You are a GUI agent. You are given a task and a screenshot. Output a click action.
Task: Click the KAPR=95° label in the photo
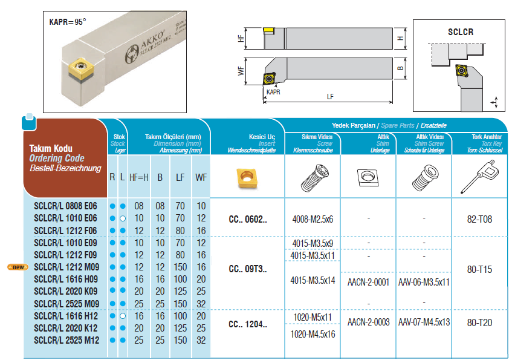pos(68,22)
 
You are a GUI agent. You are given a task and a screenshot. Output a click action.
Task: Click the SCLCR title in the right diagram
pos(461,32)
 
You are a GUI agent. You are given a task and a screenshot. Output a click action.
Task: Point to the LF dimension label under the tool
pos(330,97)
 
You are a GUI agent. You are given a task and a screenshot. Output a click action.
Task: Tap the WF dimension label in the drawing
pos(241,71)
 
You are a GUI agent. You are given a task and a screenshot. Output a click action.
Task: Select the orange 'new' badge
pos(18,267)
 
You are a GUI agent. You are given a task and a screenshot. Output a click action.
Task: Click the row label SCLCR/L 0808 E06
pos(65,206)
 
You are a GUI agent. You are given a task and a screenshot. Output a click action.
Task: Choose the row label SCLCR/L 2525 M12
pos(66,341)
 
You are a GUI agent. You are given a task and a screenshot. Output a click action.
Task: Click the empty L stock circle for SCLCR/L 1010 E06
pos(123,218)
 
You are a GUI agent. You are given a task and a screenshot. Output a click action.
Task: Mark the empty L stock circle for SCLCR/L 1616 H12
pos(123,316)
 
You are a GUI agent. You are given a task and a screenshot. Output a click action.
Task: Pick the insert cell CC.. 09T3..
pos(248,269)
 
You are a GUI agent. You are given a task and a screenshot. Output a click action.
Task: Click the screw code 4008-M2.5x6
pos(313,219)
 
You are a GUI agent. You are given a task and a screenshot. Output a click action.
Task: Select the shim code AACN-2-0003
pos(368,322)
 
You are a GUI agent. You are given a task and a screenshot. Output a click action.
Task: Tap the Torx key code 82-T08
pos(479,219)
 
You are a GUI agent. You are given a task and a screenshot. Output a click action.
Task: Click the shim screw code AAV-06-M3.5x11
pos(424,282)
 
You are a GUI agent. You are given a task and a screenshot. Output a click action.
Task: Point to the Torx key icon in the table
pos(479,177)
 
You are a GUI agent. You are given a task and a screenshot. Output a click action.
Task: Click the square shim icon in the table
pos(368,177)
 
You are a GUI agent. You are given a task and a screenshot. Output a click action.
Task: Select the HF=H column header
pos(139,177)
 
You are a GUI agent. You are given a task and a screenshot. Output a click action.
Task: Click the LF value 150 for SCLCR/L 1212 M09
pos(180,267)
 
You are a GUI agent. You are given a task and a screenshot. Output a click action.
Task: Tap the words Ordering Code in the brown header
pos(57,159)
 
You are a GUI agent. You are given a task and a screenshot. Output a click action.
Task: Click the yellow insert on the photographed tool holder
pos(80,68)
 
